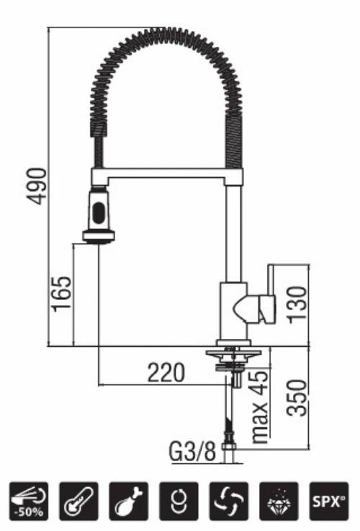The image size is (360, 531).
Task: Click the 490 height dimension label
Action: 36,186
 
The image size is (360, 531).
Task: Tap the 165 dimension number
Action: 63,294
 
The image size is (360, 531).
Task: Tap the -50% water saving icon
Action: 30,500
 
